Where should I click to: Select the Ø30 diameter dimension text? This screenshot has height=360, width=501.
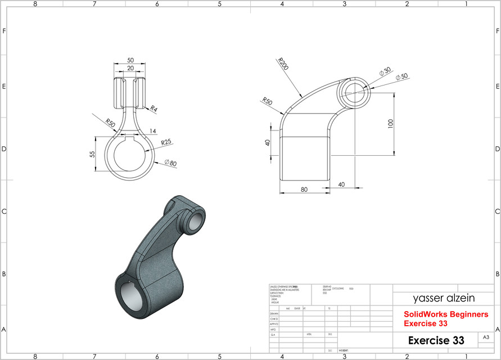[x=385, y=71]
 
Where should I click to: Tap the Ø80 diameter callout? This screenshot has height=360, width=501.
[x=170, y=163]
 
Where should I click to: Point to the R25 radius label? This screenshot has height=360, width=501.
[x=166, y=142]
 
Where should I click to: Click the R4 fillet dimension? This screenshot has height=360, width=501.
[x=154, y=108]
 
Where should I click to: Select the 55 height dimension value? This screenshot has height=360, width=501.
[x=92, y=154]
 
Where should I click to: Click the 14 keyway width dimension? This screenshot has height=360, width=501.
[x=152, y=131]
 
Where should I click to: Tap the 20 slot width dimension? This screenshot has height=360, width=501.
[x=130, y=68]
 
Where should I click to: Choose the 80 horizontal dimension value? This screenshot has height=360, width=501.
[x=304, y=190]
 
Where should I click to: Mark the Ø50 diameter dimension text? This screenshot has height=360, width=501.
[x=401, y=77]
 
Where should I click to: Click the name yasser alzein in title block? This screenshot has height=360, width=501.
[x=436, y=298]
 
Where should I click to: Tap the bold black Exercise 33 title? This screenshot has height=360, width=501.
[x=436, y=340]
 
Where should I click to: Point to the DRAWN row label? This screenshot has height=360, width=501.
[x=274, y=314]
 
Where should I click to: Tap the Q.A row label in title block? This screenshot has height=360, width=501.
[x=273, y=335]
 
